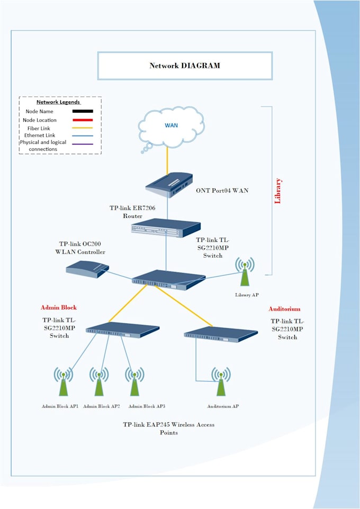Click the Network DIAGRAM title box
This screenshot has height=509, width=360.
[x=185, y=66]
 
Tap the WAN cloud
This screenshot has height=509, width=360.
[x=170, y=127]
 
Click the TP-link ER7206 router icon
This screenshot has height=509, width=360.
[x=166, y=227]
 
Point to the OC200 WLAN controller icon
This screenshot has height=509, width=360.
[x=87, y=269]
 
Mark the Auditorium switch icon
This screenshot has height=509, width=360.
[x=220, y=333]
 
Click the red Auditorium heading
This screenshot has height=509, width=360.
[x=284, y=309]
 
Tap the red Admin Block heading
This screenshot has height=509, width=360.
[x=59, y=307]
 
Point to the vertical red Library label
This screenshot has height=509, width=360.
[x=278, y=190]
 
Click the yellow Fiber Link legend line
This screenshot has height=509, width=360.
[x=78, y=128]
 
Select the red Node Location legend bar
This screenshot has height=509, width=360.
[x=78, y=120]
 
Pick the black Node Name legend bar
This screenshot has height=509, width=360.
[x=78, y=112]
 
